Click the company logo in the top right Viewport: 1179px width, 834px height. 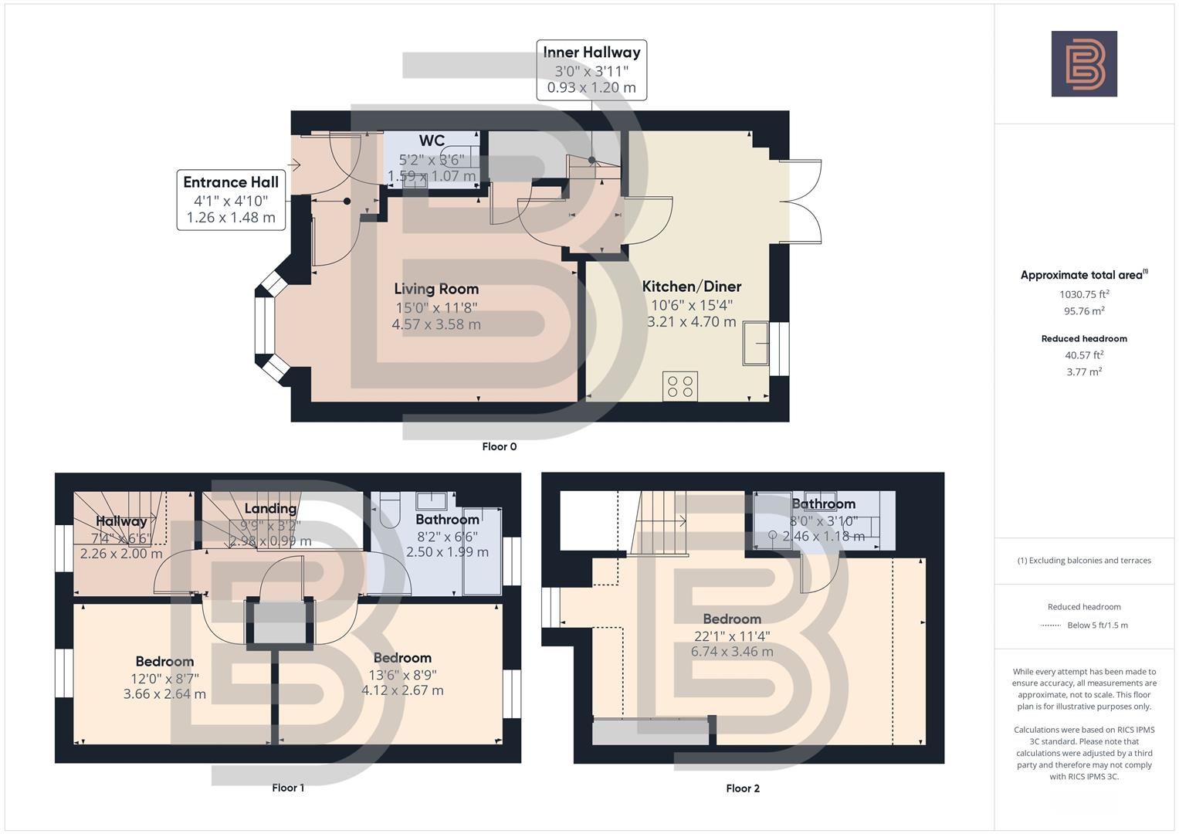point(1083,63)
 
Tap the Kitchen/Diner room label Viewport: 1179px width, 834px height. point(691,286)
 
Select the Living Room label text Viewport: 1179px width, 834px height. point(436,289)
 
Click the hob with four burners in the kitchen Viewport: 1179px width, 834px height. point(679,386)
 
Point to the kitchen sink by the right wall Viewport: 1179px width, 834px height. point(756,343)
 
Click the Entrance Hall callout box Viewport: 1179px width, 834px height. point(231,200)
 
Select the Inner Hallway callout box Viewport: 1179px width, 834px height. point(591,69)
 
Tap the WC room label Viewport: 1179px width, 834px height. point(432,141)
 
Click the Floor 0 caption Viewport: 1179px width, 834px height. point(499,446)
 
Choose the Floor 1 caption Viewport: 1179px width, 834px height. point(288,788)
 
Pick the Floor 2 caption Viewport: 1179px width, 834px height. point(743,788)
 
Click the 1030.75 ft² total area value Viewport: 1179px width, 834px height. point(1084,294)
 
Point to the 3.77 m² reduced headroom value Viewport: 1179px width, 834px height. point(1084,371)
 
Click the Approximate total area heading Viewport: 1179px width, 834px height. point(1083,275)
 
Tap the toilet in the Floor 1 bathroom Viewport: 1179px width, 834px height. point(389,511)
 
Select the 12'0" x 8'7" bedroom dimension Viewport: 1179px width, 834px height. point(164,678)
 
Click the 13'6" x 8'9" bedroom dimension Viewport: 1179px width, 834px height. point(402,674)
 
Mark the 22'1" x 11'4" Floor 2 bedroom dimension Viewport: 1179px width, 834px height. point(732,636)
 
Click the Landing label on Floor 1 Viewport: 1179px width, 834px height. point(270,508)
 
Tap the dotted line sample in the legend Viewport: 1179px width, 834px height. point(1051,625)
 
